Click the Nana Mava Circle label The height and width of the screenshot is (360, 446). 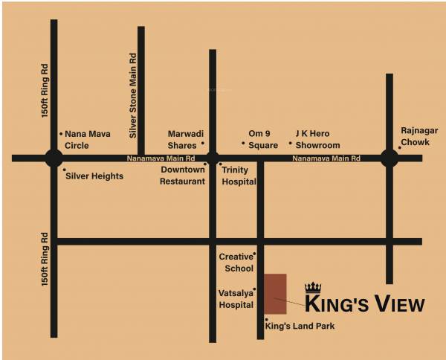pyautogui.click(x=88, y=139)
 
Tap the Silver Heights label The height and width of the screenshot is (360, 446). pyautogui.click(x=94, y=176)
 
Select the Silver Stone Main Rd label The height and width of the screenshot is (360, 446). pyautogui.click(x=133, y=95)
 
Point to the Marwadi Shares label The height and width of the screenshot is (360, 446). pyautogui.click(x=183, y=140)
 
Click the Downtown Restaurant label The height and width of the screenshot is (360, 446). pyautogui.click(x=183, y=176)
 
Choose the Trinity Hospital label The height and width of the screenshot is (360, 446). pyautogui.click(x=239, y=176)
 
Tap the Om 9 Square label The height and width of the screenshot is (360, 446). pyautogui.click(x=263, y=140)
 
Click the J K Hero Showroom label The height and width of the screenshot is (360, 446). pyautogui.click(x=317, y=139)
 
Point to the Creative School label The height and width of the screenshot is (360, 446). pyautogui.click(x=236, y=262)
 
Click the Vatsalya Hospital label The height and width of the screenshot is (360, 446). pyautogui.click(x=236, y=299)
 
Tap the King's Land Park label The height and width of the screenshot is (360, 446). pyautogui.click(x=300, y=326)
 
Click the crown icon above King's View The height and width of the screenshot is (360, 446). pyautogui.click(x=313, y=287)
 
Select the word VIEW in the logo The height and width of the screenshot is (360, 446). pyautogui.click(x=400, y=304)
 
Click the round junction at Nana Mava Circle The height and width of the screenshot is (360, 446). pyautogui.click(x=54, y=158)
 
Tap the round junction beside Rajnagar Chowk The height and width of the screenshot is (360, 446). pyautogui.click(x=389, y=158)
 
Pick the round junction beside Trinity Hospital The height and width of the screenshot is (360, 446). pyautogui.click(x=213, y=158)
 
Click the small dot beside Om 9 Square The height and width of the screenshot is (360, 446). pyautogui.click(x=243, y=144)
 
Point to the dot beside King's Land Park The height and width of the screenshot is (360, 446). pyautogui.click(x=266, y=320)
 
